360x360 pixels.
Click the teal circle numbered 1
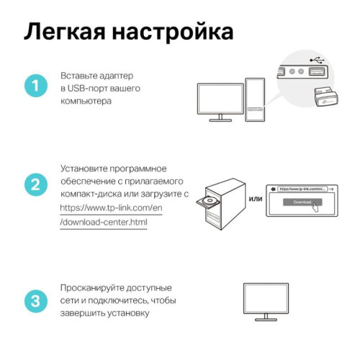pyautogui.click(x=35, y=87)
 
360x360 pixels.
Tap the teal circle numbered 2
pyautogui.click(x=35, y=185)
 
